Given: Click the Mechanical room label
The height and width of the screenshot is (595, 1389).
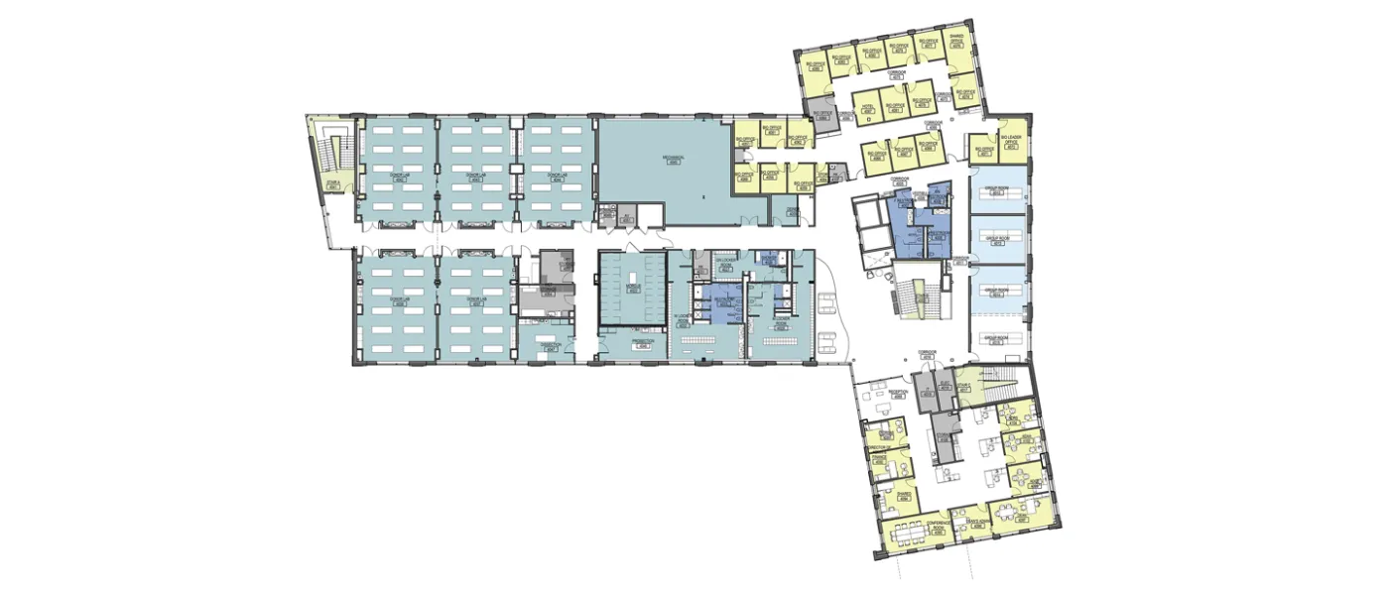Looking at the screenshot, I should pyautogui.click(x=674, y=162).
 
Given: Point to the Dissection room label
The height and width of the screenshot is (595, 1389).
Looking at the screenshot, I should pyautogui.click(x=551, y=347).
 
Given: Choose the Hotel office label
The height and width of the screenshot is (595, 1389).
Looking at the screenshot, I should pyautogui.click(x=866, y=107).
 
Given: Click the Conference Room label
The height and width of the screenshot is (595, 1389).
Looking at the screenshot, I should pyautogui.click(x=936, y=530).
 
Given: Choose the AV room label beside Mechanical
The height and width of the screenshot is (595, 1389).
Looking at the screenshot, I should pyautogui.click(x=627, y=216).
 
